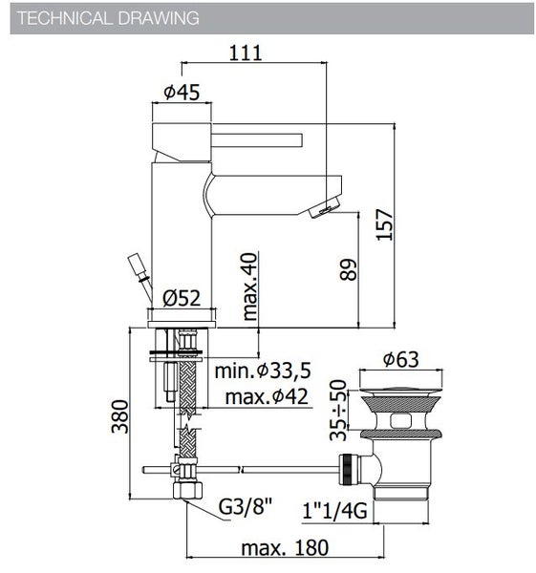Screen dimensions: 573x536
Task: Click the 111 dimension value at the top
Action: pos(246,54)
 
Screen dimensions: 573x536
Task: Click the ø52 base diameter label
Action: pos(181,297)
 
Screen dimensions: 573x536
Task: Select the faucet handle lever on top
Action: pos(239,138)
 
